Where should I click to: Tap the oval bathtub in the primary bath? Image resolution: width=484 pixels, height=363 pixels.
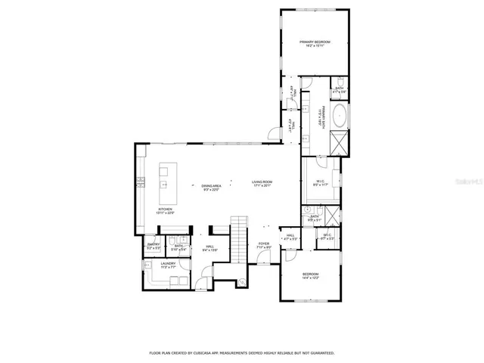pos(340,118)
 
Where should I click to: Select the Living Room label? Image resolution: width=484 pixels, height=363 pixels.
pos(262,184)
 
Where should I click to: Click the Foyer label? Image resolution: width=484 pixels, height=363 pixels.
pos(263,245)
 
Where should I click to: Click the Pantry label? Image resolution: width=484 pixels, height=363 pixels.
pos(154,246)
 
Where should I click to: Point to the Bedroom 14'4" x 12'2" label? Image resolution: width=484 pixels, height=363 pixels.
pos(311,275)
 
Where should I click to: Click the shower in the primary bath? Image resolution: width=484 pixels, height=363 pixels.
pos(339,143)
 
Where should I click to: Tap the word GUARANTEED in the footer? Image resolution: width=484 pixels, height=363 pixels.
pos(320,352)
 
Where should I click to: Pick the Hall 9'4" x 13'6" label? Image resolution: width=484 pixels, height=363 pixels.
pos(209,247)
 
